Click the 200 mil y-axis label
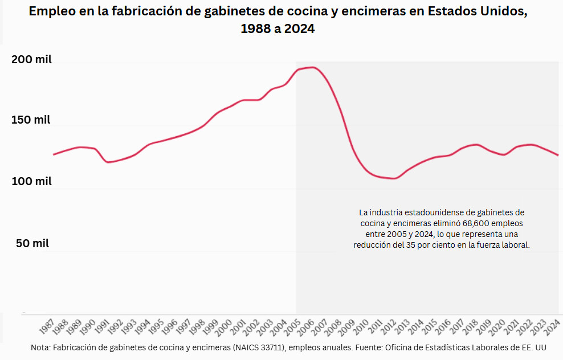click(31, 59)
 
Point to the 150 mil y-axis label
click(31, 120)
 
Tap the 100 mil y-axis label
click(31, 181)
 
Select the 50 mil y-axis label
click(32, 243)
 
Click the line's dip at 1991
click(108, 162)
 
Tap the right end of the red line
click(558, 155)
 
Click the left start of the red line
click(54, 154)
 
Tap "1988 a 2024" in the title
click(278, 29)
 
